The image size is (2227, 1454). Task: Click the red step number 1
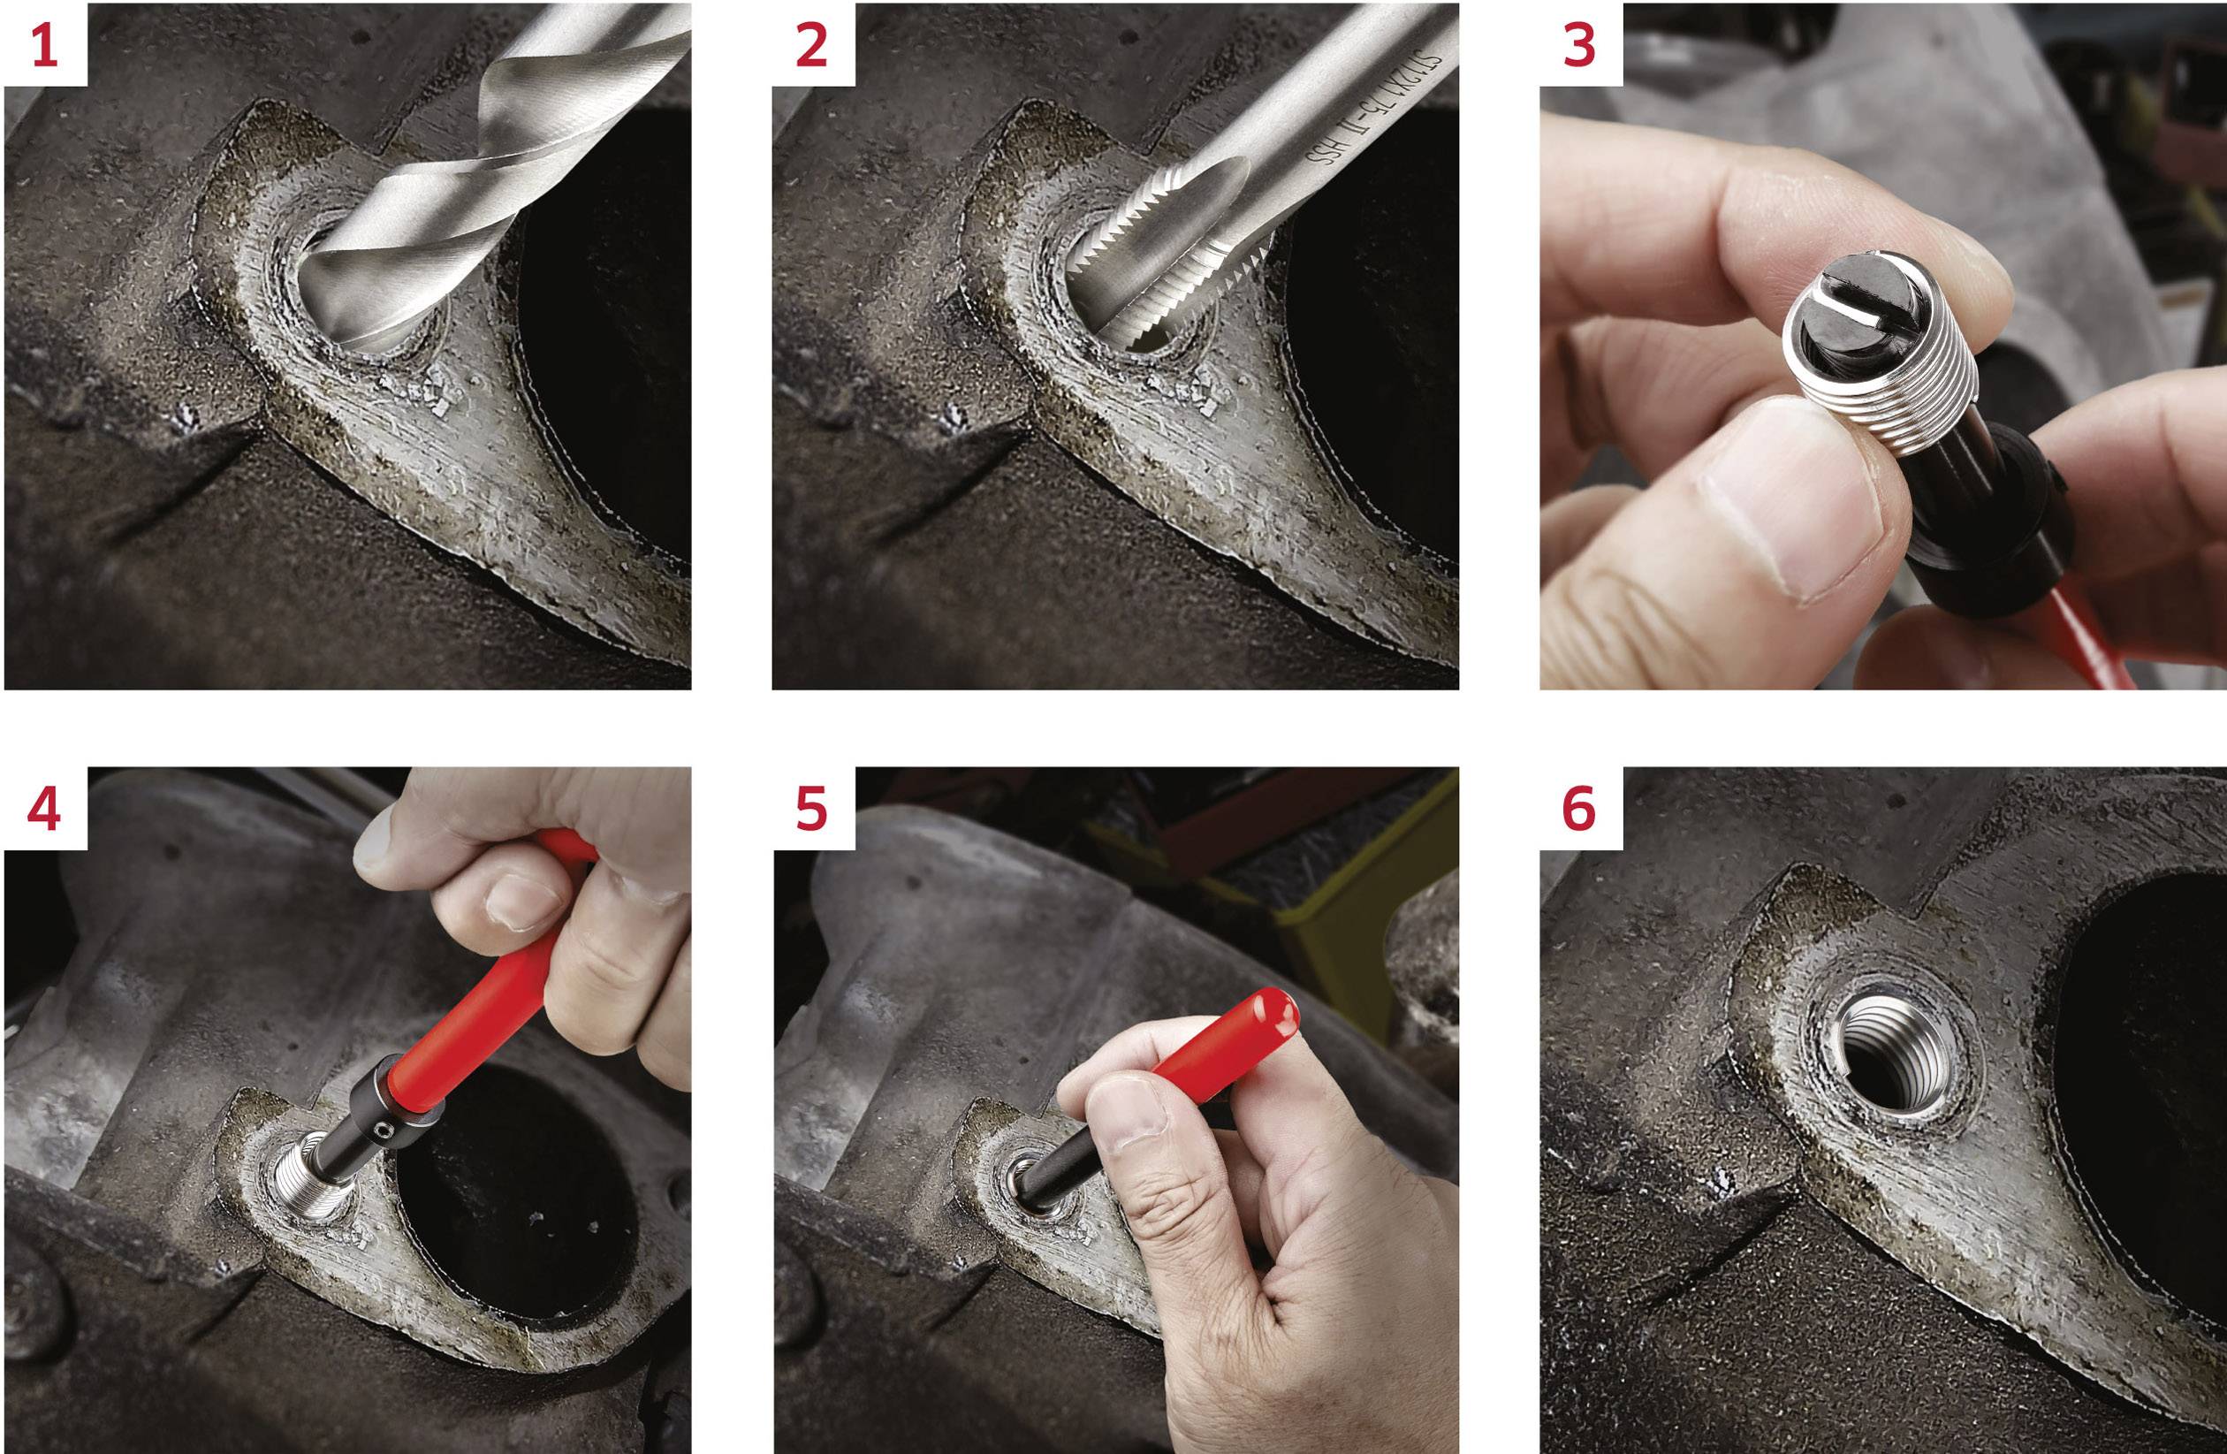click(44, 44)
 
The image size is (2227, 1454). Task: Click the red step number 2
click(811, 44)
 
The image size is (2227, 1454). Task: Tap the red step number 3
click(1579, 44)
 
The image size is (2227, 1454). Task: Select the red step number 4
click(44, 810)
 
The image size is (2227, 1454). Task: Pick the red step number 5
click(811, 810)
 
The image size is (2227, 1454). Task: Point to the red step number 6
click(1579, 810)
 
